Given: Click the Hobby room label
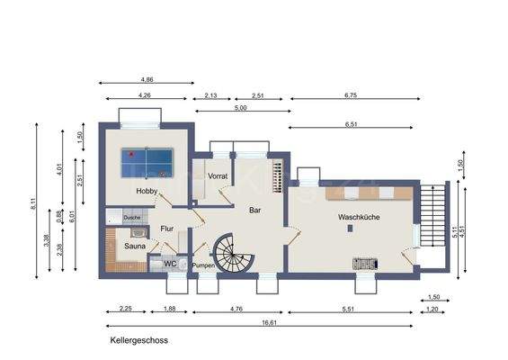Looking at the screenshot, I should pos(147,192).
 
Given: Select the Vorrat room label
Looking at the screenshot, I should pos(218,176).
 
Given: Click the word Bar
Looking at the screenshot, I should pos(255,209).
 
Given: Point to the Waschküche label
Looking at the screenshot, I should pos(359,218).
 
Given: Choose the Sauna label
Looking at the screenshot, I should pos(134,245).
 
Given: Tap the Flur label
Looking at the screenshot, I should pos(166,229).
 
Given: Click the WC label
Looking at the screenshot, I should pos(169,264).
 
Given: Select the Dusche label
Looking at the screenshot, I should pos(131,218).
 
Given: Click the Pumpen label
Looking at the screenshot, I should pos(202,265).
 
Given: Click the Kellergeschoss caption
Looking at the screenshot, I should pos(138,341).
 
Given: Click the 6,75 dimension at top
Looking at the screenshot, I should pos(351,94).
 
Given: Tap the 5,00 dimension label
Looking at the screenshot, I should pos(241,108).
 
